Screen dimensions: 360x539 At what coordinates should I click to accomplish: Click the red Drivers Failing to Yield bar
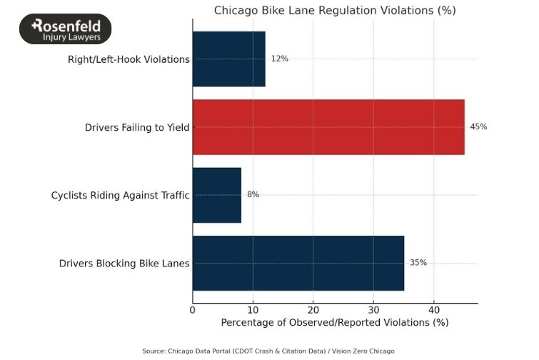point(328,127)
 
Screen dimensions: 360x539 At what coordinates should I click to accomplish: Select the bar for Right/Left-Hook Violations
point(229,59)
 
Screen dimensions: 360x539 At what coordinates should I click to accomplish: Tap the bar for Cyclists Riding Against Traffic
point(217,195)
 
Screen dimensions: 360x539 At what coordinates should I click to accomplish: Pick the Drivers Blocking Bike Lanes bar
point(298,263)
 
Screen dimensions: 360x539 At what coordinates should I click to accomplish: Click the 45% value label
point(478,127)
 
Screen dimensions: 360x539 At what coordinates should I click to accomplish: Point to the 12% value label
point(279,59)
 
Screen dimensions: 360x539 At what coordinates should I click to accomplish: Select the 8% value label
point(253,195)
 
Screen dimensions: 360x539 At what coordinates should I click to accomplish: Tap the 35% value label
point(418,263)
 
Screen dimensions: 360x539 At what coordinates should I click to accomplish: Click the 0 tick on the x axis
point(193,309)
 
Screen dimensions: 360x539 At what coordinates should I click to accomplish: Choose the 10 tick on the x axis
point(253,309)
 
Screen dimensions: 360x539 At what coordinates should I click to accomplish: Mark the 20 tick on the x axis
point(313,309)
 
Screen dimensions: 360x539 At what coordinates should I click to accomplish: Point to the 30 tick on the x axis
point(373,309)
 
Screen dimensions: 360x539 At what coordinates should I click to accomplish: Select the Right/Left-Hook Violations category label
point(129,59)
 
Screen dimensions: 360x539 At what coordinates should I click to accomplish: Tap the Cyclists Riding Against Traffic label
point(120,195)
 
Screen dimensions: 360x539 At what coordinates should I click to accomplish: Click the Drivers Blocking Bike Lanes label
point(124,264)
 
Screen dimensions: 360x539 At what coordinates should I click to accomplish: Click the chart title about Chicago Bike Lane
point(335,11)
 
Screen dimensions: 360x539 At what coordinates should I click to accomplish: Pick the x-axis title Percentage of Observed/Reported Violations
point(335,323)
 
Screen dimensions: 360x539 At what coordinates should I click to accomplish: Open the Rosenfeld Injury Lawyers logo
point(65,29)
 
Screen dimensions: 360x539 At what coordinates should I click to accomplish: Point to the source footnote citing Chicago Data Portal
point(268,351)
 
